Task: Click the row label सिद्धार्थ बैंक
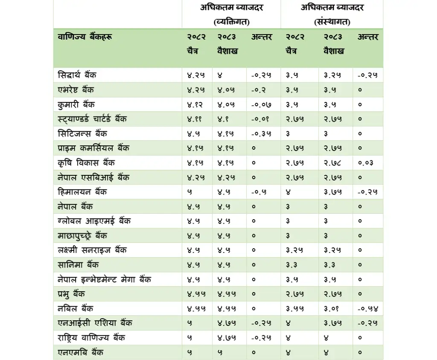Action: click(x=77, y=75)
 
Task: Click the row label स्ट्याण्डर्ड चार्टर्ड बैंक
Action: click(x=92, y=119)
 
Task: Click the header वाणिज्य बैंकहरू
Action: click(x=85, y=37)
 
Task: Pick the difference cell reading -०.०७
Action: click(x=261, y=105)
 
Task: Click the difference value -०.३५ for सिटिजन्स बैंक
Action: click(x=261, y=134)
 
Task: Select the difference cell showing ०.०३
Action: click(x=366, y=163)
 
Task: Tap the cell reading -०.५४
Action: click(x=367, y=308)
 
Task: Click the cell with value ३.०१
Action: click(x=332, y=308)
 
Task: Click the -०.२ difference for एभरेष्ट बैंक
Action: click(x=259, y=90)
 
